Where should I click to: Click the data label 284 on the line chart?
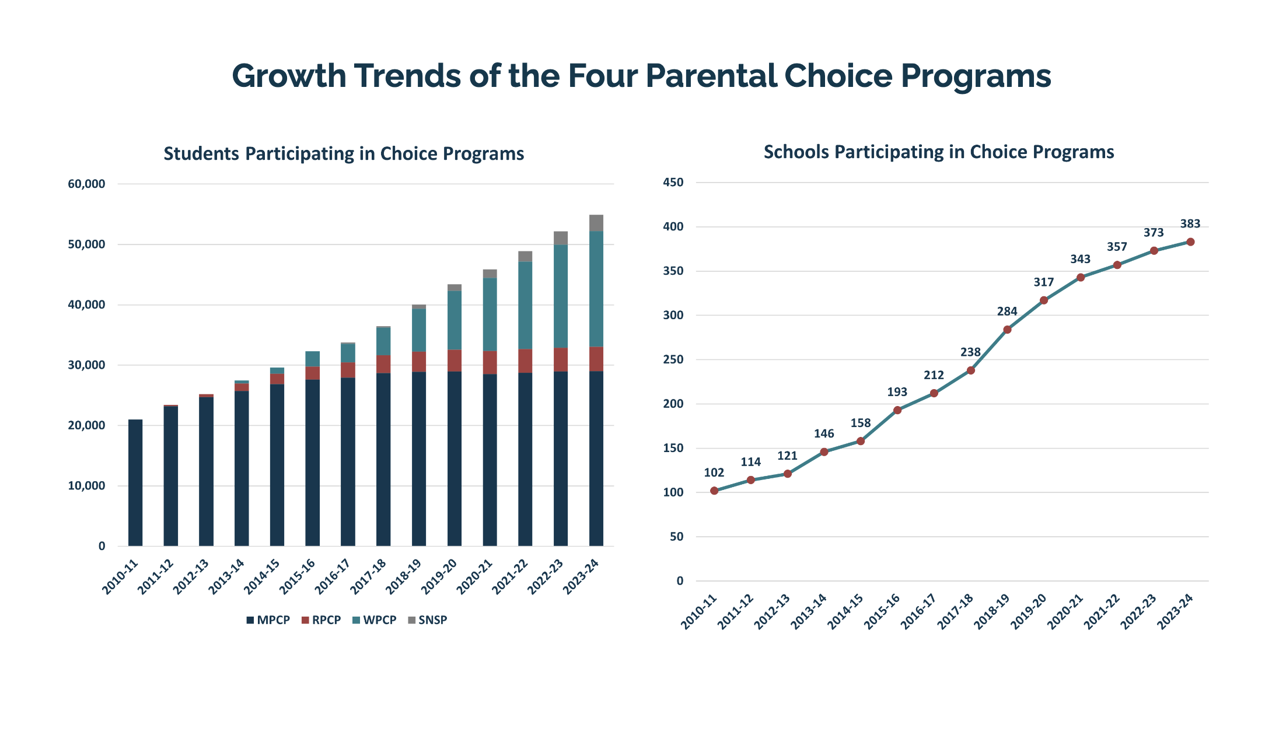[1007, 311]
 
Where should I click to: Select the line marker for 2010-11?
[714, 491]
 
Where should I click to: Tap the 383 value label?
[1190, 224]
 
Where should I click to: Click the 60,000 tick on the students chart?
[86, 184]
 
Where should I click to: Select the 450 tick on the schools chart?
[673, 183]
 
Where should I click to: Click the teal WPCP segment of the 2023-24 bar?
[596, 289]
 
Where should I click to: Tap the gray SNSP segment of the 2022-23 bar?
[561, 238]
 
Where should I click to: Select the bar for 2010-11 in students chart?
[135, 482]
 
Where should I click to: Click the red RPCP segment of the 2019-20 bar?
[455, 360]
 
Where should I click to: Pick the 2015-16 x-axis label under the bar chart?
[298, 577]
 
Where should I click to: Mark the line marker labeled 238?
[970, 370]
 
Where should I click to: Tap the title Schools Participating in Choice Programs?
[938, 152]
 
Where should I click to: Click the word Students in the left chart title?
[201, 154]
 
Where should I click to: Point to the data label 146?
[824, 434]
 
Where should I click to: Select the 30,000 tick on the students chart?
[86, 365]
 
